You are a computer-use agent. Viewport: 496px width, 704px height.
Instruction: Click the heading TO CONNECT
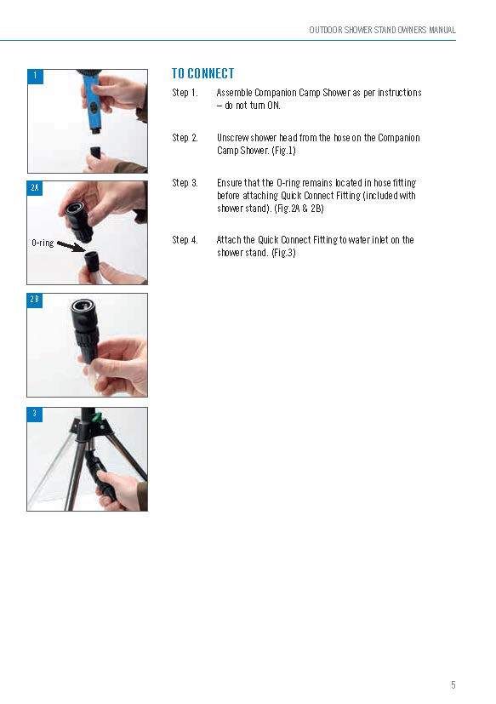202,73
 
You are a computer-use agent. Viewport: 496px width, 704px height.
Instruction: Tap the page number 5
453,684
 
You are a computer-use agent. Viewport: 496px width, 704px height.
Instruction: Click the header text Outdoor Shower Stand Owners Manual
383,30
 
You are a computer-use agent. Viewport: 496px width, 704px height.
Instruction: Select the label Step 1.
185,93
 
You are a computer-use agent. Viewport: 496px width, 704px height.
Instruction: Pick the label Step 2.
185,137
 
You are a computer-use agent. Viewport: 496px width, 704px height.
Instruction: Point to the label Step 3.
185,183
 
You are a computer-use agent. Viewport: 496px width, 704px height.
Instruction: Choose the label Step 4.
185,240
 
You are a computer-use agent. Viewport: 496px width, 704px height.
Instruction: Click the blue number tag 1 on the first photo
36,77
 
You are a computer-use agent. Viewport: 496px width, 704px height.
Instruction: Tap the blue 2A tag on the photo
35,189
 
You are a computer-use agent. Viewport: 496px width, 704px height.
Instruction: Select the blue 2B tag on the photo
35,300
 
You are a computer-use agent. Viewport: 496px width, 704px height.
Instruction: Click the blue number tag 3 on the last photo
35,415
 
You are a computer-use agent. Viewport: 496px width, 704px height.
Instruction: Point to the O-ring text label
43,243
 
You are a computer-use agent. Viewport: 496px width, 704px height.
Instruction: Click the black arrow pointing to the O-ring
71,247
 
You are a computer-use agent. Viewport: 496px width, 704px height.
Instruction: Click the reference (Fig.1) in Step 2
283,151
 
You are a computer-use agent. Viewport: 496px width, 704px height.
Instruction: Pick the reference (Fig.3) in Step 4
283,253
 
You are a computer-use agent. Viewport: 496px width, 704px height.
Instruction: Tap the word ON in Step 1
273,106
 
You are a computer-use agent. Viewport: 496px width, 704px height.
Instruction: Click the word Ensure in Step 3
229,183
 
